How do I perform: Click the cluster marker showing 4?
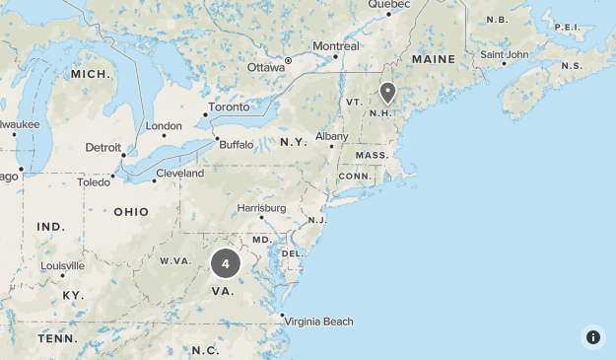pyautogui.click(x=226, y=263)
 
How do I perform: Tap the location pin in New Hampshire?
pyautogui.click(x=387, y=93)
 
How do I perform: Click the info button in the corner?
pyautogui.click(x=592, y=336)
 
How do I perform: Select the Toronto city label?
pyautogui.click(x=229, y=107)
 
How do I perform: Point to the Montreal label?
pyautogui.click(x=335, y=46)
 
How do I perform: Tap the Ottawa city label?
pyautogui.click(x=265, y=67)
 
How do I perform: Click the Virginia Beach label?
pyautogui.click(x=318, y=322)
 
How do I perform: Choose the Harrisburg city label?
pyautogui.click(x=261, y=208)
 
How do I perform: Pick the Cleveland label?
pyautogui.click(x=179, y=174)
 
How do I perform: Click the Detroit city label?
pyautogui.click(x=103, y=147)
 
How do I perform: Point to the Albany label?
pyautogui.click(x=331, y=136)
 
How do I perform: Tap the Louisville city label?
pyautogui.click(x=62, y=266)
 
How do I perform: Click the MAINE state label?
pyautogui.click(x=434, y=59)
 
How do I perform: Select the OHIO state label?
pyautogui.click(x=131, y=212)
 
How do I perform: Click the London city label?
pyautogui.click(x=164, y=125)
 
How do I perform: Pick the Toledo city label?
pyautogui.click(x=94, y=182)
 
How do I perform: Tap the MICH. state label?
pyautogui.click(x=89, y=74)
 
